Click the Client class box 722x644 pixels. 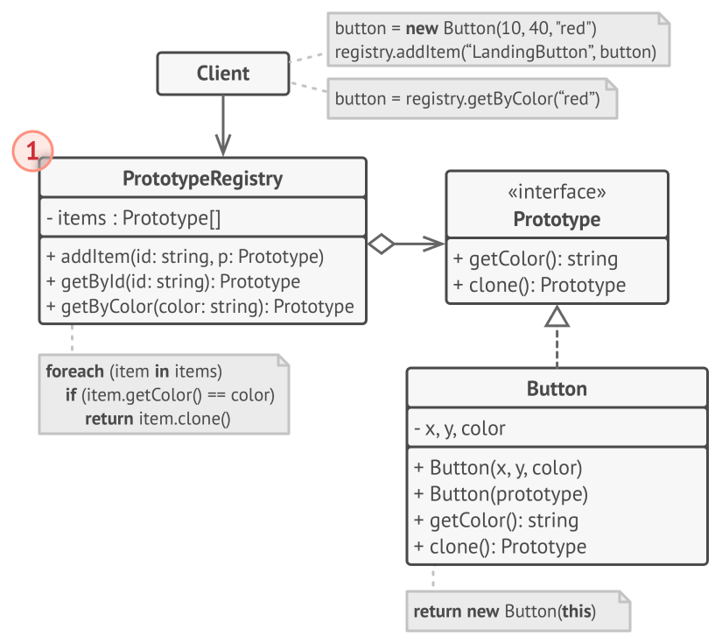(222, 74)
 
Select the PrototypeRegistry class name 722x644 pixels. (202, 179)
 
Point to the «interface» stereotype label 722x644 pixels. (557, 193)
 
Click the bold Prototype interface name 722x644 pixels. (557, 219)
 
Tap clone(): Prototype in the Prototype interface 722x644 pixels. (539, 285)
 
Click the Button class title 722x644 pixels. (557, 388)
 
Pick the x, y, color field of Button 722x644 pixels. (459, 428)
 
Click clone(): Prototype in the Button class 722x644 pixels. (499, 547)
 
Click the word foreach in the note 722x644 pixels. (74, 371)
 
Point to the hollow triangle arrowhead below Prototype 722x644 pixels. (557, 318)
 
